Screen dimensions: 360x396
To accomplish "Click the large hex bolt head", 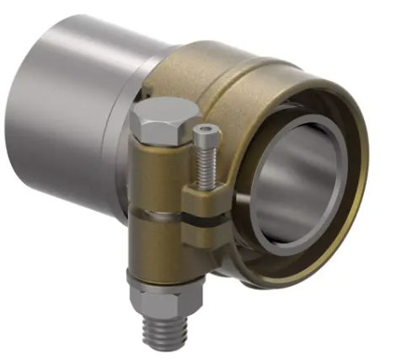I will click(x=160, y=117).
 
